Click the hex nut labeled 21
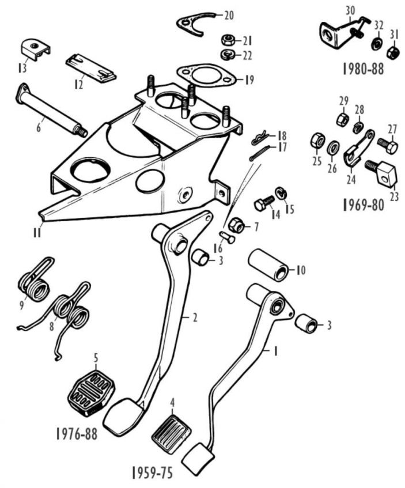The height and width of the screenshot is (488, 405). pos(227,41)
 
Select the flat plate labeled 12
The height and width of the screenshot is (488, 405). pos(90,67)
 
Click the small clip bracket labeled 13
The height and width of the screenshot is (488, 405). pos(35,48)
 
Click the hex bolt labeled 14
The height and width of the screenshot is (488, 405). pos(263,203)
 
